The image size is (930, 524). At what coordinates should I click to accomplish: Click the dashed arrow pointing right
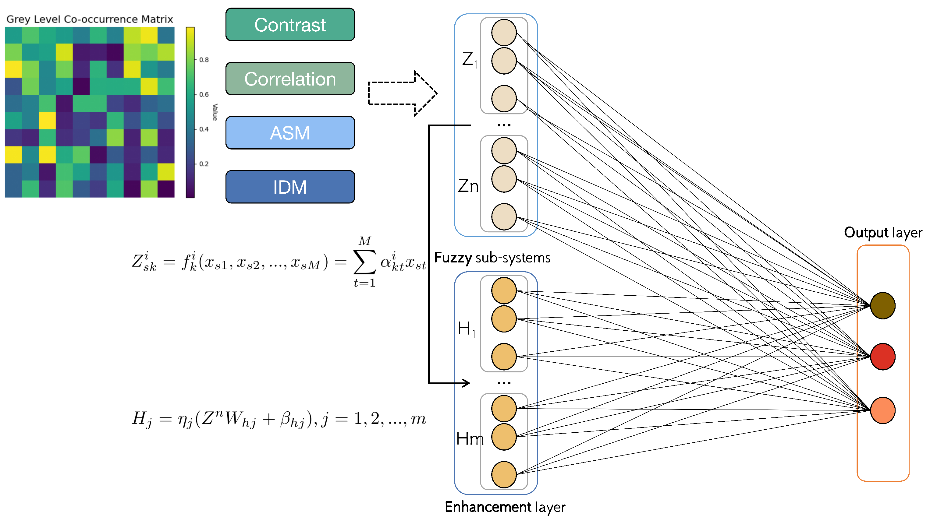(402, 93)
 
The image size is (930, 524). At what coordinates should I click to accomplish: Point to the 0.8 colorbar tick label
(204, 60)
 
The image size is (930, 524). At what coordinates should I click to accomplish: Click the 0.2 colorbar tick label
(204, 164)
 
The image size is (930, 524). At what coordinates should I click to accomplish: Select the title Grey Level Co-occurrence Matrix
(90, 19)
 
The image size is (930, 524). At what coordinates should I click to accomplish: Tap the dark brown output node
(883, 306)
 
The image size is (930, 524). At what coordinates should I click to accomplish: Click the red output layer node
(883, 357)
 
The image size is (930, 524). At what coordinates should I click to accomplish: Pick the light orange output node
(883, 410)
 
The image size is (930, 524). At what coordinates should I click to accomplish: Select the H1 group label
(467, 329)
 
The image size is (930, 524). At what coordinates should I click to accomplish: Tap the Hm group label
(470, 439)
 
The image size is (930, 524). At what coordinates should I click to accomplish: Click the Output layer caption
(883, 233)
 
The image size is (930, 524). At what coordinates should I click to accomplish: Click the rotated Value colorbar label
(215, 112)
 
